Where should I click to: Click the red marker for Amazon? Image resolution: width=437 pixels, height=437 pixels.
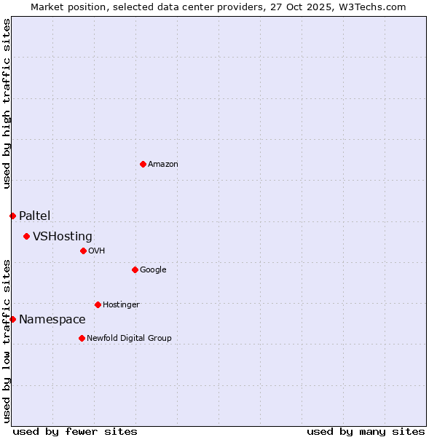point(143,164)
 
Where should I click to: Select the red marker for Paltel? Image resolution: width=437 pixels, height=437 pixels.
point(12,216)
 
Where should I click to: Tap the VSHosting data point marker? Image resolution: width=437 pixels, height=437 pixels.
point(26,236)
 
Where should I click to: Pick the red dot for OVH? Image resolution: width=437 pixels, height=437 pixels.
point(83,251)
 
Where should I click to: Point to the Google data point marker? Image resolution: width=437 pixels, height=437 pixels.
point(135,269)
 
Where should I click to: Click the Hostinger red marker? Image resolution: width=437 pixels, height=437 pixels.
point(98,304)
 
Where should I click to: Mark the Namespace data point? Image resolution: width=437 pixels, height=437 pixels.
point(12,319)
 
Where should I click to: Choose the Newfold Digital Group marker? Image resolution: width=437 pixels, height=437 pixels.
point(82,338)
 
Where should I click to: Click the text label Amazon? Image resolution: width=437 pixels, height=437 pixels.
point(163,165)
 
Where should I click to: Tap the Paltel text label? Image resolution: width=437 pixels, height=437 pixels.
point(35,216)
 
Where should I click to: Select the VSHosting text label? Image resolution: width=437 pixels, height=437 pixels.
point(63,237)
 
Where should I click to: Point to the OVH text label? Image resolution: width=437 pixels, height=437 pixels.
point(97,251)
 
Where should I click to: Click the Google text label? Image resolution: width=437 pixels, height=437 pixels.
point(153,270)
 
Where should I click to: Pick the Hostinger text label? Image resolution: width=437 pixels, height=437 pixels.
point(121,304)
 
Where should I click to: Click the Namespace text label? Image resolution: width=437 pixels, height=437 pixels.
point(52,320)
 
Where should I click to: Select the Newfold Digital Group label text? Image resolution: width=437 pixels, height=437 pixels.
point(129,338)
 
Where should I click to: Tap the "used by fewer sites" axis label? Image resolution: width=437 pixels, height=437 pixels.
point(75,431)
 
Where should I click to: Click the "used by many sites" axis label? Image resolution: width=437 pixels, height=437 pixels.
point(366,431)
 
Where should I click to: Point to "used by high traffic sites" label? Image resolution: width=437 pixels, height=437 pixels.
point(7,103)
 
